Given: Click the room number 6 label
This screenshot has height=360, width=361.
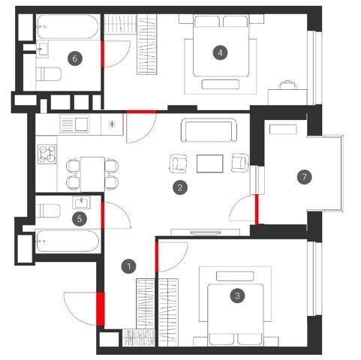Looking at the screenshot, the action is pos(75,58).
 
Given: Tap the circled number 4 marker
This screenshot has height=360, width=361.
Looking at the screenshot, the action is pos(220,52).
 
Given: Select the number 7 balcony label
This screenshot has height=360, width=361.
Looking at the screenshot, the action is pos(304,177).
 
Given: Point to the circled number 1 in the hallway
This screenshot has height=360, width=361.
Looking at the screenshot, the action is pos(128,266).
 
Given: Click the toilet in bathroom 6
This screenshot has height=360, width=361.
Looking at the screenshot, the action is pos(49,74).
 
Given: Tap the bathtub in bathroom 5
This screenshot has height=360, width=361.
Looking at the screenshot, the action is pos(68,241).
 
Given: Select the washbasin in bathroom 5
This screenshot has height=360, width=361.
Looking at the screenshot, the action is pos(81,202).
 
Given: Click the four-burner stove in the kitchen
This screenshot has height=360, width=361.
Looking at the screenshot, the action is pos(47,154).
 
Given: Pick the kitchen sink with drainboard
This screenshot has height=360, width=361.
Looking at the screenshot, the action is pos(74,124).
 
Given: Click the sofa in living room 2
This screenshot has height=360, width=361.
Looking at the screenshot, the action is pos(209,130).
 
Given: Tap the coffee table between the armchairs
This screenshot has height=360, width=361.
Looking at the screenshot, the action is pos(209,163).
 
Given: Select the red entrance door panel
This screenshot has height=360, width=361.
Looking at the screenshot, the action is pos(101,308).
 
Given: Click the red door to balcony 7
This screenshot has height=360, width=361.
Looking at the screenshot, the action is pos(257,210).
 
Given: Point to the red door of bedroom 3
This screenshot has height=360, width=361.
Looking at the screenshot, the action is pos(157,256).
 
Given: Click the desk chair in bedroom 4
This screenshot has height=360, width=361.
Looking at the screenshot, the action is pos(288,85).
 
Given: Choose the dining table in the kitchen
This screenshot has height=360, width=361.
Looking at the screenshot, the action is pos(92,174).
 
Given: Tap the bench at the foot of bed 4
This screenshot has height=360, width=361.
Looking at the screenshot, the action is pos(220,84).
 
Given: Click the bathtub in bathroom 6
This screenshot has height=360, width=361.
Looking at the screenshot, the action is pos(67,26).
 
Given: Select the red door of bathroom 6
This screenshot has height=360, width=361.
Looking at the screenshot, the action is pos(102,54).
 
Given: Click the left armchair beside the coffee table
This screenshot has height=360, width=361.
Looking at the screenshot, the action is pos(179,163).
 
